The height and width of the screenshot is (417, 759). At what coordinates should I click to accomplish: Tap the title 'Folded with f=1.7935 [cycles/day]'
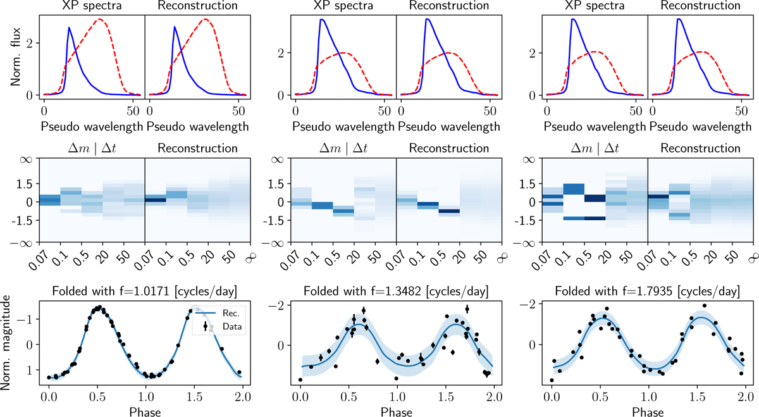647,292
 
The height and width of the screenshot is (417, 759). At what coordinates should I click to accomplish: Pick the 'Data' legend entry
223,326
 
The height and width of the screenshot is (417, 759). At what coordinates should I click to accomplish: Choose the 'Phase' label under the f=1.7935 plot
647,410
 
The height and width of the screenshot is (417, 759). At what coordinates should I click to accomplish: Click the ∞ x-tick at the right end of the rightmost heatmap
751,256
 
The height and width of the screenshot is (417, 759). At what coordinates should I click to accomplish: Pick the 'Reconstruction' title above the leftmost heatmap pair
197,149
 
